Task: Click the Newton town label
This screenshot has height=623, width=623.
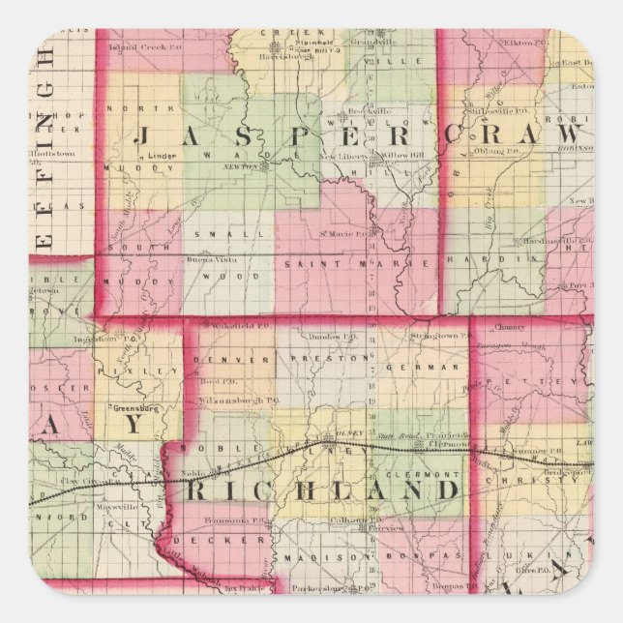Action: [255, 164]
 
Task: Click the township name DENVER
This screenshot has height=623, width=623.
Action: [223, 359]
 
